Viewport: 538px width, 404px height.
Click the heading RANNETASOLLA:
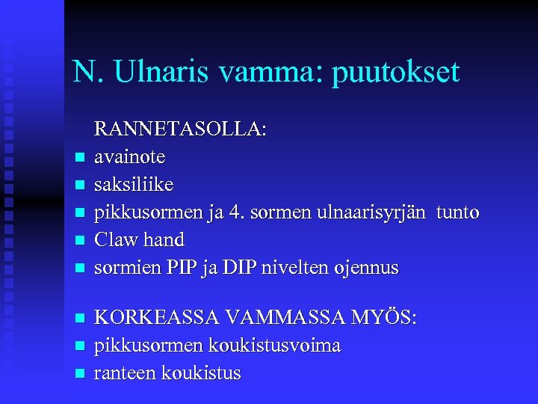179,129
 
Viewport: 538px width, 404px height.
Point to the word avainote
130,157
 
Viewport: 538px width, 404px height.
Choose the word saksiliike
134,184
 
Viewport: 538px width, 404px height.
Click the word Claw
115,239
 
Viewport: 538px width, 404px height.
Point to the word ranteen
123,373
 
